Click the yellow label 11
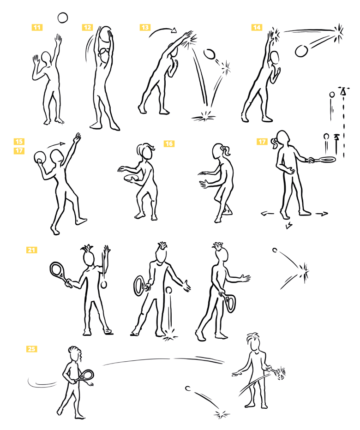pyautogui.click(x=37, y=27)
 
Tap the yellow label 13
pyautogui.click(x=145, y=27)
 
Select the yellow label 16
pyautogui.click(x=169, y=143)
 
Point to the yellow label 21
pyautogui.click(x=31, y=250)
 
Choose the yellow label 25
pyautogui.click(x=31, y=349)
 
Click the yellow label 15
pyautogui.click(x=19, y=142)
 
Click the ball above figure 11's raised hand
pyautogui.click(x=63, y=18)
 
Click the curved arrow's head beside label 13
pyautogui.click(x=174, y=30)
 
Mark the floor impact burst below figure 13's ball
pyautogui.click(x=204, y=115)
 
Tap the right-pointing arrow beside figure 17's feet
pyautogui.click(x=321, y=213)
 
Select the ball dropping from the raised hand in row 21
pyautogui.click(x=104, y=285)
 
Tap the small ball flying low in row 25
pyautogui.click(x=188, y=388)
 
